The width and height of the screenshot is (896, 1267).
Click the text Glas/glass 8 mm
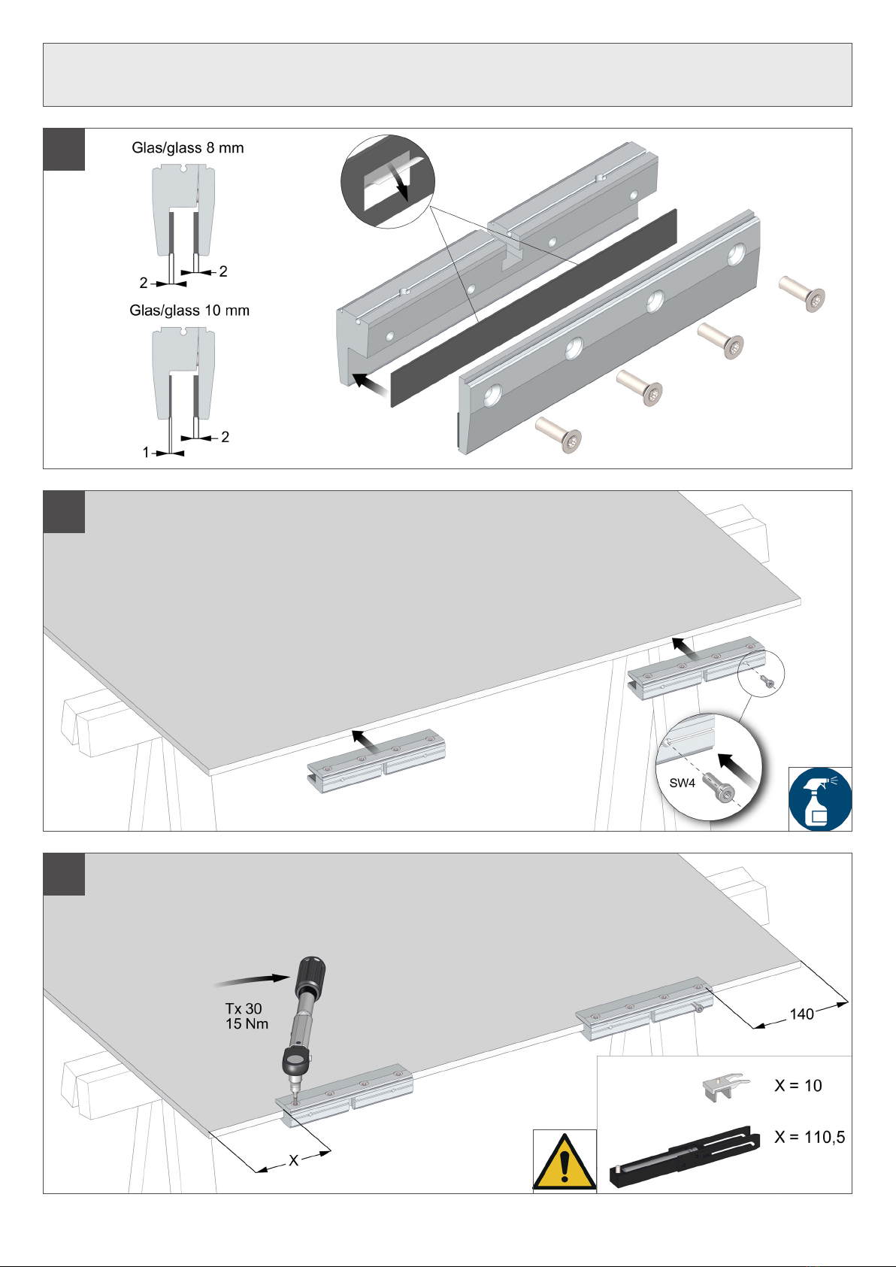point(188,148)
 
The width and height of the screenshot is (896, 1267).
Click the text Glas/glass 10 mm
point(189,311)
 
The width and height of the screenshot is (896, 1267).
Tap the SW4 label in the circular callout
point(683,784)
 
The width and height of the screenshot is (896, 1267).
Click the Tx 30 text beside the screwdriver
point(244,1008)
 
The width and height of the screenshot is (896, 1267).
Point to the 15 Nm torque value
point(247,1024)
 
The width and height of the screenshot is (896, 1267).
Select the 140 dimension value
point(801,1014)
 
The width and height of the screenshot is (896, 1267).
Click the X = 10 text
point(798,1086)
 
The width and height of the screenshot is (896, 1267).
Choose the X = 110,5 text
point(810,1138)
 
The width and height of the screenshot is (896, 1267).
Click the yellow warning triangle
point(565,1162)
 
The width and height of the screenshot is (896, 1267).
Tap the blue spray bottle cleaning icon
point(820,799)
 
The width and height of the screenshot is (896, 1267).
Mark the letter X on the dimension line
point(293,1161)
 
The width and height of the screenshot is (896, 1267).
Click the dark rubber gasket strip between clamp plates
point(534,308)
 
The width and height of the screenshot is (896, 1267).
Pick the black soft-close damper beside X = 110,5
point(681,1156)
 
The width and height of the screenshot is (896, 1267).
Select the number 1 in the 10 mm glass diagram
point(146,453)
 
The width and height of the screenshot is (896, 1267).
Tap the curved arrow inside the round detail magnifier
point(400,179)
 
